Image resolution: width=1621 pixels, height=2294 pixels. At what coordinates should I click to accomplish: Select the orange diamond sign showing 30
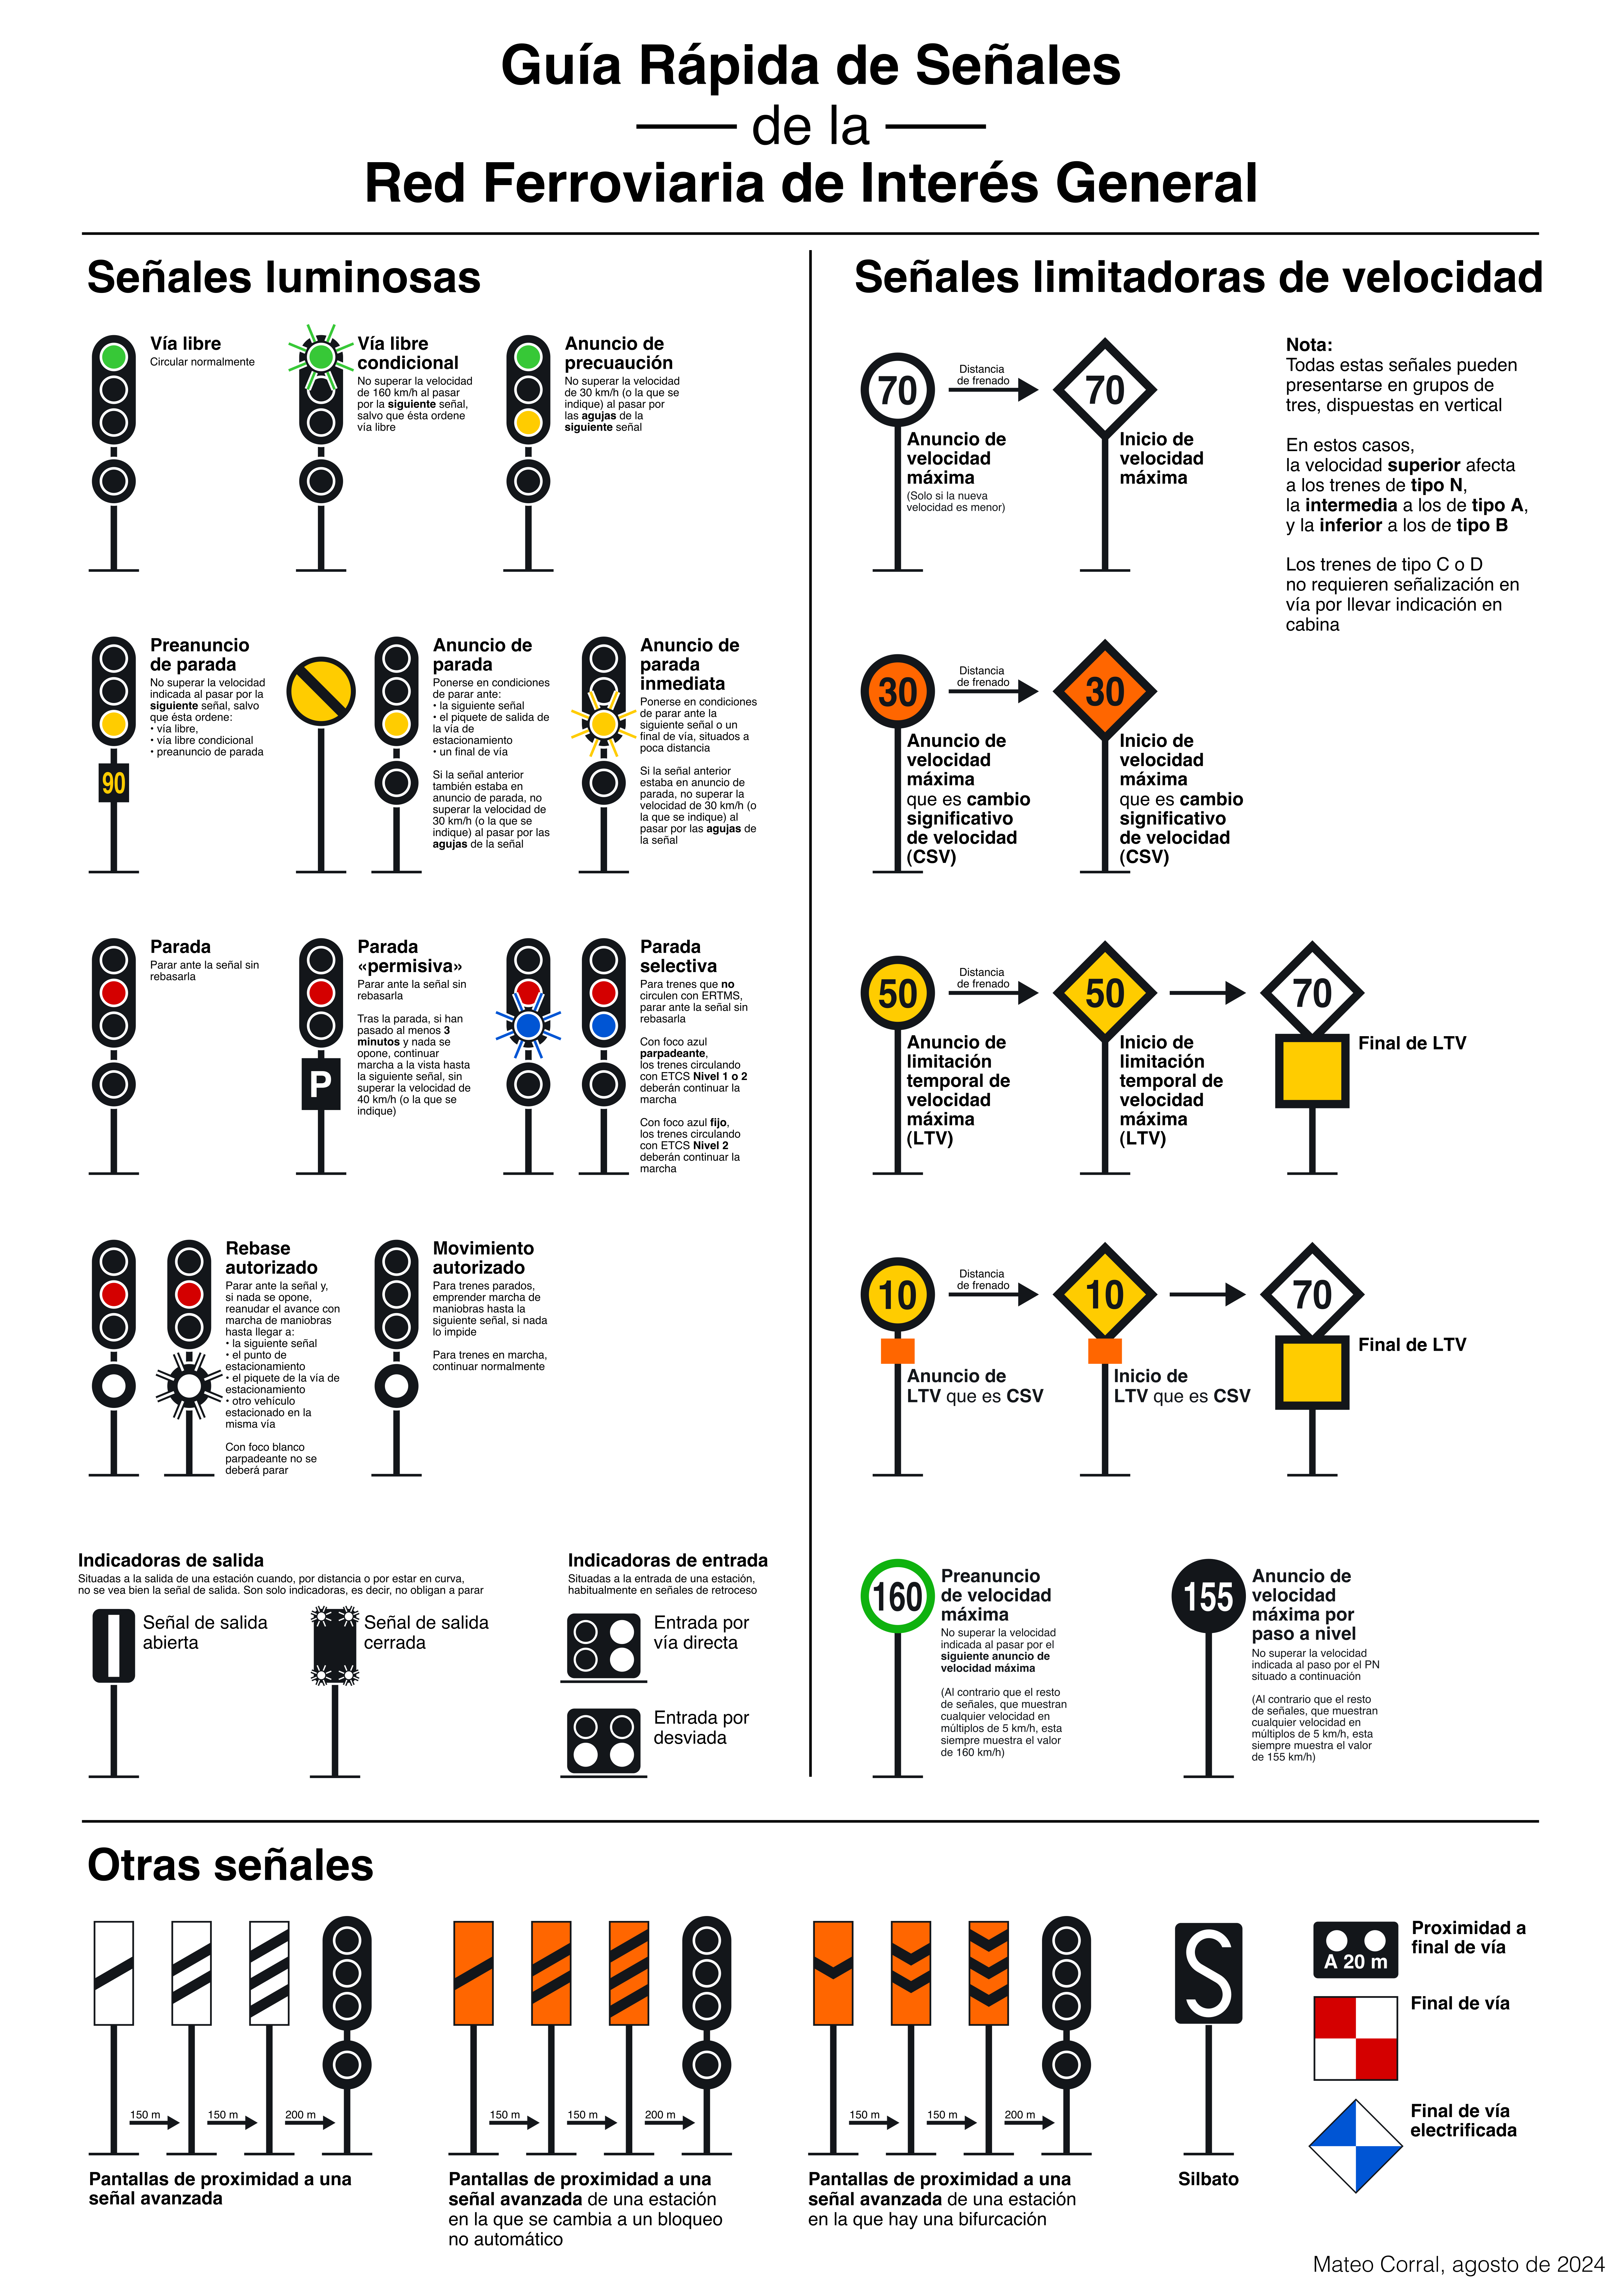point(1105,692)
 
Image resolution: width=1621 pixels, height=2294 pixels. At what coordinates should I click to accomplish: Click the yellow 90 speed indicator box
point(114,783)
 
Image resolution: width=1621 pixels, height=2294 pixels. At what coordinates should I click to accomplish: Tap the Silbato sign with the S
point(1209,1973)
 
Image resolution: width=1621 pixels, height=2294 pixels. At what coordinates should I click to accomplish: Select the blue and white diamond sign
point(1355,2145)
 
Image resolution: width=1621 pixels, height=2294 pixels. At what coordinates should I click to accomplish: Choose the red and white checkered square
point(1355,2038)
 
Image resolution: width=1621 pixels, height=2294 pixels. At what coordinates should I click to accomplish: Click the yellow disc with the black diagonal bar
point(321,692)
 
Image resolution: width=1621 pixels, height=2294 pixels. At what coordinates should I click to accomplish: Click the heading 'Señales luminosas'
point(284,278)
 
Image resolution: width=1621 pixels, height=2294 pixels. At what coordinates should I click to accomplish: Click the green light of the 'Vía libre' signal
point(114,357)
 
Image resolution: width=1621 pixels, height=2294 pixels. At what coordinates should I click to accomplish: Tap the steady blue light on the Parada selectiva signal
point(603,1025)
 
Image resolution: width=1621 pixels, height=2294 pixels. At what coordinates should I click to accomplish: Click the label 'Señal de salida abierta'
point(205,1633)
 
